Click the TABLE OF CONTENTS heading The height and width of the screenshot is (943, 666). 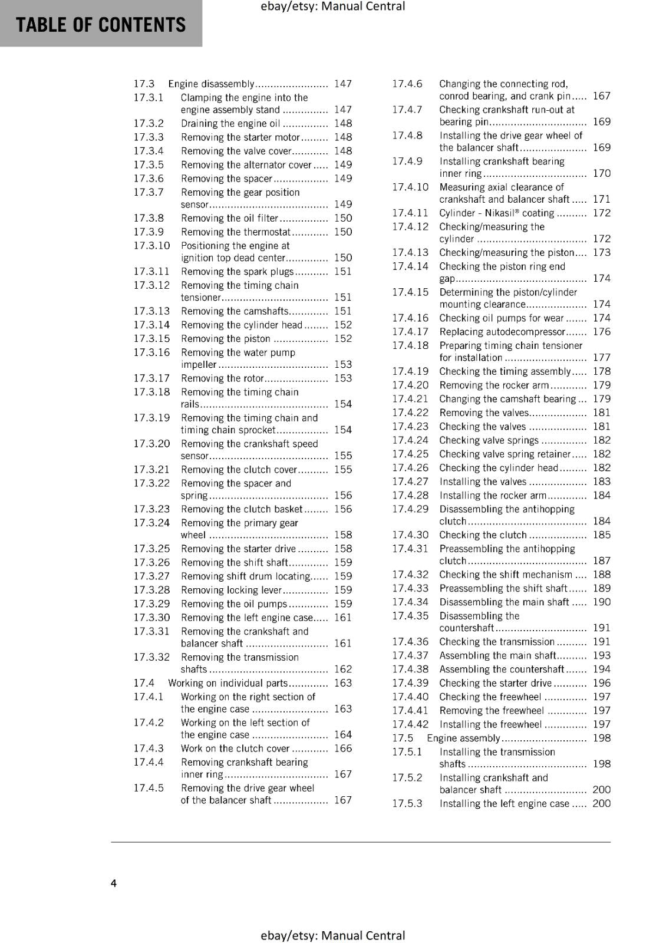click(101, 25)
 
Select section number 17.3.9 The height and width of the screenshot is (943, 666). click(149, 232)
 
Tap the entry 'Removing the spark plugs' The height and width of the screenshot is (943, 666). click(237, 272)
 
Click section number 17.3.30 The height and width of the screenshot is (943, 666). click(151, 617)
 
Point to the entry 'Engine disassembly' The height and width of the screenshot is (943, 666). click(211, 84)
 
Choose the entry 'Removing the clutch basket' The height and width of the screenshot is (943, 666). click(242, 509)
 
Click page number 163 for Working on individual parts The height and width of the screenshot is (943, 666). click(342, 683)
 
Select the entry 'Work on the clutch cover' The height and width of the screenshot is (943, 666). click(235, 749)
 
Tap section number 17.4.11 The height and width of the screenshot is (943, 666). click(410, 213)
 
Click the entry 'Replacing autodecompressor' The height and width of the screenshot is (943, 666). click(502, 332)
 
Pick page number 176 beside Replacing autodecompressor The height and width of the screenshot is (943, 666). click(601, 332)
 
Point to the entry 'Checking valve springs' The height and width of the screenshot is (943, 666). click(489, 440)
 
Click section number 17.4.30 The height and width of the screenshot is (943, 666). click(410, 535)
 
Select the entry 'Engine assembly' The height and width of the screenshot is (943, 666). click(463, 738)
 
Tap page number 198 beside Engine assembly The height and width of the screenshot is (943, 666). click(601, 738)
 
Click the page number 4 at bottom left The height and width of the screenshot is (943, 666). click(114, 883)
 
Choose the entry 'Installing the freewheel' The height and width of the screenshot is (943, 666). click(490, 724)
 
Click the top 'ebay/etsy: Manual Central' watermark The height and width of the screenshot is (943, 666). click(332, 6)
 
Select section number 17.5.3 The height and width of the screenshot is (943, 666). click(407, 803)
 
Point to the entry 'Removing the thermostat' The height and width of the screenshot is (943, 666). click(236, 232)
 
